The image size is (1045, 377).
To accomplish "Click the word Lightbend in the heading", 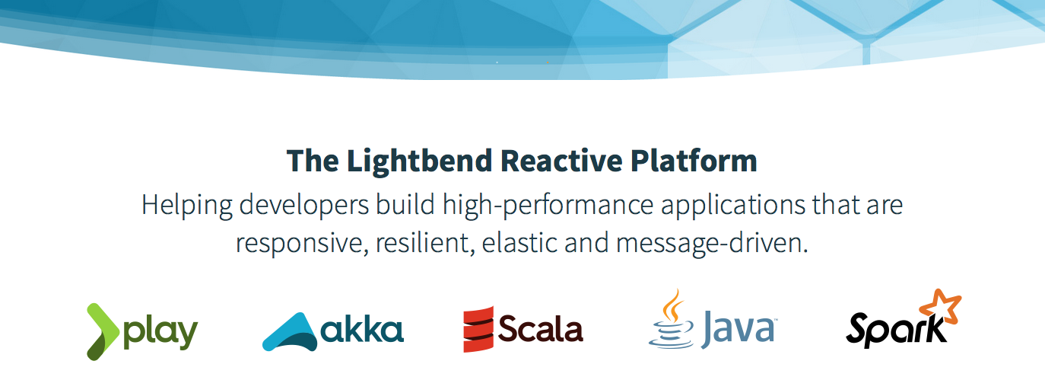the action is (x=419, y=161).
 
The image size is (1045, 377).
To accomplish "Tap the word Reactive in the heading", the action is (x=561, y=161).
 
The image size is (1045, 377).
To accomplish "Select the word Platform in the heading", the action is (x=694, y=161).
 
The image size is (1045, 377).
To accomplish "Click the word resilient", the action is (x=425, y=244).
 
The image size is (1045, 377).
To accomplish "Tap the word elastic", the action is (x=519, y=244).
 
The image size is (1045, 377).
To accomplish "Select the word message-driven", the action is (x=712, y=244).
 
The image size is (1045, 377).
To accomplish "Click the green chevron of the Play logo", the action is (x=103, y=332).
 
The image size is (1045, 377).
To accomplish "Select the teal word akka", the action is (x=362, y=330).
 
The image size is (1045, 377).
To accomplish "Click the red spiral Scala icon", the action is (x=478, y=329).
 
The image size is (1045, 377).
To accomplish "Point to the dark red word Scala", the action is (x=541, y=329).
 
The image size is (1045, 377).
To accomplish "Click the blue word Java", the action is (x=737, y=329).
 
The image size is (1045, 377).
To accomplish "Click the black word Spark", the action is (x=897, y=331).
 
